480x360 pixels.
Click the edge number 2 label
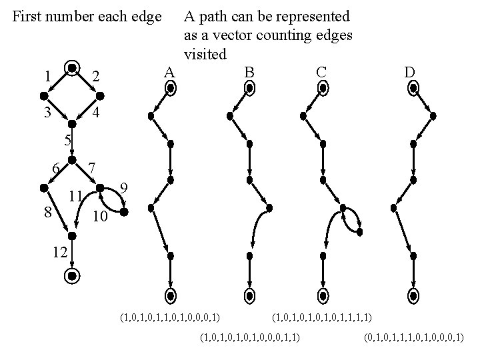tap(96, 78)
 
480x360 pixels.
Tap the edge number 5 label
tap(67, 141)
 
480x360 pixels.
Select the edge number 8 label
tap(47, 213)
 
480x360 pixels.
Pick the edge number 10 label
tap(99, 218)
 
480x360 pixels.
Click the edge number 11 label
tap(76, 196)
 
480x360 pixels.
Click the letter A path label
tap(169, 73)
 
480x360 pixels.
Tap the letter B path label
tap(249, 71)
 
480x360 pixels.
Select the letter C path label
tap(321, 71)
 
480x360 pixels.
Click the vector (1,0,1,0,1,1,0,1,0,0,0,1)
tap(170, 313)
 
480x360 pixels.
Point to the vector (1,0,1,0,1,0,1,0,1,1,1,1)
tap(322, 313)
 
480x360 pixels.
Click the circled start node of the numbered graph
tap(71, 67)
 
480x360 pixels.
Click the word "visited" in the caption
tap(206, 53)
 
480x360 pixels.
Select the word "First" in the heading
tap(27, 15)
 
